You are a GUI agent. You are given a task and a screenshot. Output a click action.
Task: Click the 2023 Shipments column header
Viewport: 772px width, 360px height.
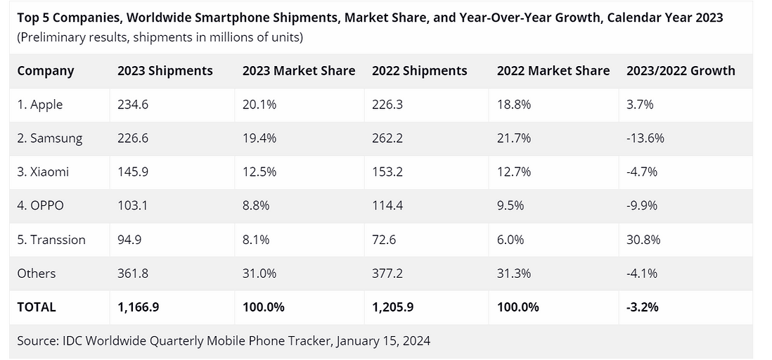coord(165,71)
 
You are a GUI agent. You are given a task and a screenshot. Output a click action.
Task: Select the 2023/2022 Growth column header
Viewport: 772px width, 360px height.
coord(680,71)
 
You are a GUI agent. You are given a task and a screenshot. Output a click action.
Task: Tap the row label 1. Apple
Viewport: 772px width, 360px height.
coord(40,105)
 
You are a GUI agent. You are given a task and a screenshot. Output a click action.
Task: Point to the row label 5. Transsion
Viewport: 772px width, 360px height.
coord(51,240)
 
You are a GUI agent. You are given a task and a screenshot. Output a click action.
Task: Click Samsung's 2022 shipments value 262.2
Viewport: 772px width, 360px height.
coord(387,139)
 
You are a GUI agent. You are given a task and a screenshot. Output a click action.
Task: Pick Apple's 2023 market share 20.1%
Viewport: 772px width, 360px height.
coord(259,105)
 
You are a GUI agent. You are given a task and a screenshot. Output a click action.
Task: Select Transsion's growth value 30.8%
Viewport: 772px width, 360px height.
coord(643,240)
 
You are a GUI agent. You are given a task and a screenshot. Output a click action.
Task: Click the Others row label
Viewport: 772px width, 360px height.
coord(37,274)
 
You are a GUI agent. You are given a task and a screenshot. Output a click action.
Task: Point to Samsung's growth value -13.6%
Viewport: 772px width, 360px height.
coord(645,139)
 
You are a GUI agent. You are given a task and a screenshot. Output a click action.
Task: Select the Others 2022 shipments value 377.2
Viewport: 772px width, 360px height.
coord(387,274)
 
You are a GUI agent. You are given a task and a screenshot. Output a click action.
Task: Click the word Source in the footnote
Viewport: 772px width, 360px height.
coord(37,341)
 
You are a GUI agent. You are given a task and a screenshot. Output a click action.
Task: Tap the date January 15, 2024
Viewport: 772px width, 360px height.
coord(383,341)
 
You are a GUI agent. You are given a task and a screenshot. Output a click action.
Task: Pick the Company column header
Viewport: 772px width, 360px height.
coord(46,71)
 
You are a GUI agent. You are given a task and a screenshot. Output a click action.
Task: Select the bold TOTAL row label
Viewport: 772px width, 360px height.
coord(37,307)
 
